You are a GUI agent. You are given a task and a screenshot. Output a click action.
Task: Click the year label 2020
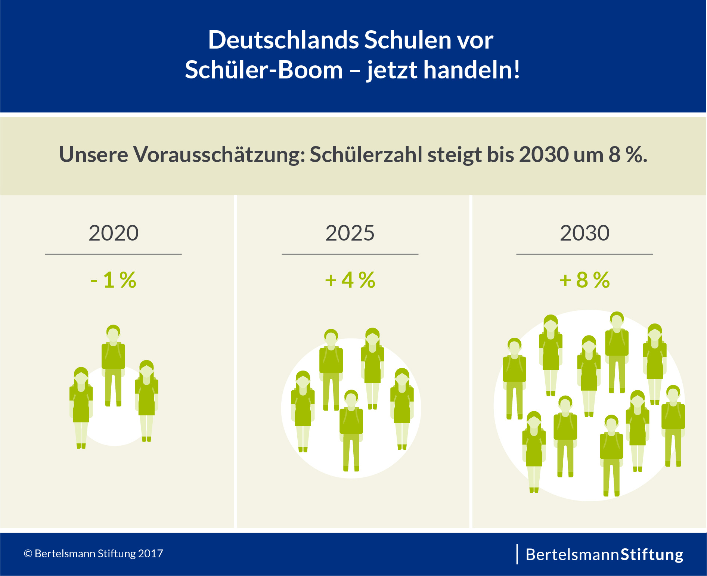114,233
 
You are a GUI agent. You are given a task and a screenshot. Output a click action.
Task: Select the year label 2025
350,233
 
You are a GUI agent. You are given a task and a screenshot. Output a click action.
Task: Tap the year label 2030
584,233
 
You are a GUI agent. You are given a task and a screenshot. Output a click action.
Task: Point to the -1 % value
114,280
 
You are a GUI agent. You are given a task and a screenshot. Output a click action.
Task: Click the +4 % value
350,280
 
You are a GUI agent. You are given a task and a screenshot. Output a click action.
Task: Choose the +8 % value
584,280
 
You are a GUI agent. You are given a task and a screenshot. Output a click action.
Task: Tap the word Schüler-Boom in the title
264,70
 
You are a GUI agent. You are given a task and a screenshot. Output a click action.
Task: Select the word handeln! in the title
471,70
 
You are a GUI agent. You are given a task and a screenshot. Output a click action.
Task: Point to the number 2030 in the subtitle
543,154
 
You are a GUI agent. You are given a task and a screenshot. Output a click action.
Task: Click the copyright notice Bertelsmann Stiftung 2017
93,553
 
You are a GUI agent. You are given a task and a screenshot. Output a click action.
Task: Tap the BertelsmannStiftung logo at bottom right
604,554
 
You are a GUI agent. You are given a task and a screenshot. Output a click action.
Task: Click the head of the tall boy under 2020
113,332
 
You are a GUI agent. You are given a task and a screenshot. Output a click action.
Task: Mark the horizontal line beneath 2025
350,254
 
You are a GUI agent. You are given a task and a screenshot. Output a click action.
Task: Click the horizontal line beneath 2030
584,254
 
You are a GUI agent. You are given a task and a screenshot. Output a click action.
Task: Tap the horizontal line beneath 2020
114,254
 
